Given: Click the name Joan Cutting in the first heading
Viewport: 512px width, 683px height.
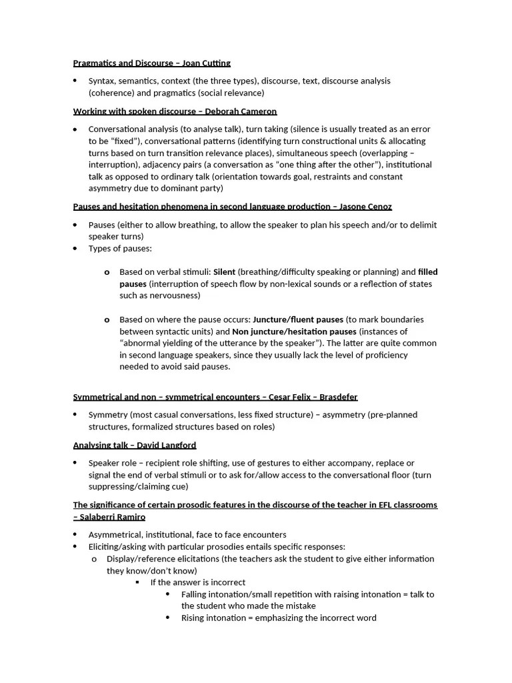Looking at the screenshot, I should pos(207,63).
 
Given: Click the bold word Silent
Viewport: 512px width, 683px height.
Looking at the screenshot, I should pos(224,272).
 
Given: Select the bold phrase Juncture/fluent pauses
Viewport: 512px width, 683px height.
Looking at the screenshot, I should pos(298,319).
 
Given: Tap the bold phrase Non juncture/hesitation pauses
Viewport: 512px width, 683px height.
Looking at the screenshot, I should pos(294,331).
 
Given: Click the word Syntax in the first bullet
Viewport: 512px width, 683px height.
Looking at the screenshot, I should pos(101,81).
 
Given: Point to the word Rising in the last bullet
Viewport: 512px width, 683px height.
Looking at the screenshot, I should pos(194,618).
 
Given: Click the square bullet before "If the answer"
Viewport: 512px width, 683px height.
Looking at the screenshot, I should pos(137,582).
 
